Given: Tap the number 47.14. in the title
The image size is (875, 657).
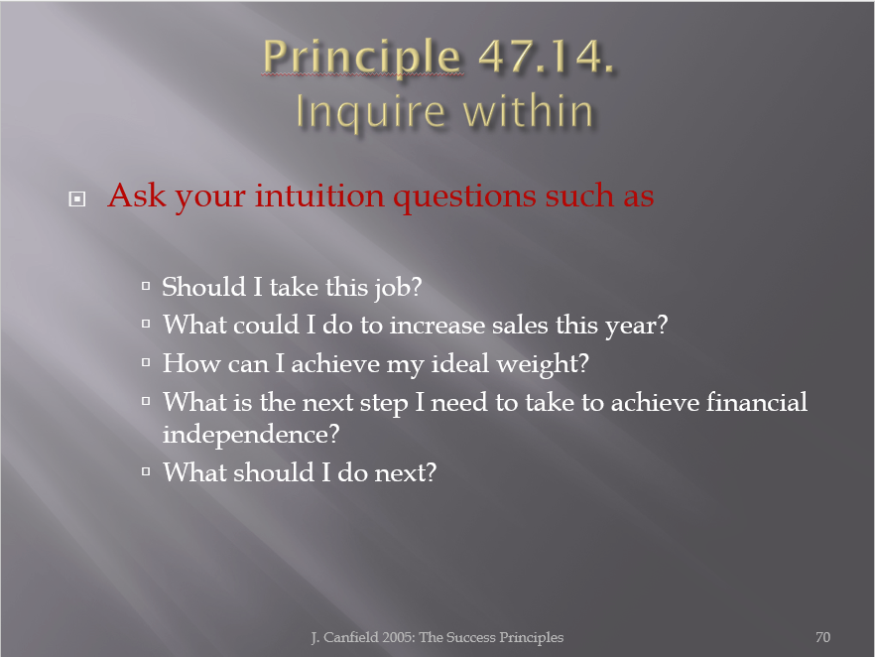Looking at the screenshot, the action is [x=547, y=56].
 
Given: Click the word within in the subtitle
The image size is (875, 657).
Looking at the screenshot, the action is [x=528, y=111].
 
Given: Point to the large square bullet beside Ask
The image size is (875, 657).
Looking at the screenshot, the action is [x=77, y=198].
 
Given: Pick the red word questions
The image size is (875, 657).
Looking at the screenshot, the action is [x=464, y=197].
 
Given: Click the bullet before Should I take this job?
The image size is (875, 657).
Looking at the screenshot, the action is [x=146, y=287].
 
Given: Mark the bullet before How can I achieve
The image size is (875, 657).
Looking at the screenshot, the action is [x=146, y=362].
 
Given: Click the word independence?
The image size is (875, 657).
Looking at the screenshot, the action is [x=251, y=435].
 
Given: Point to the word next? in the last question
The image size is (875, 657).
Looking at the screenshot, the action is [x=405, y=472].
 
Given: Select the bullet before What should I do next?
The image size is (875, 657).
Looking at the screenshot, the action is [x=146, y=471].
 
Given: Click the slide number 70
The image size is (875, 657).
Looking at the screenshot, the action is [x=822, y=637].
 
